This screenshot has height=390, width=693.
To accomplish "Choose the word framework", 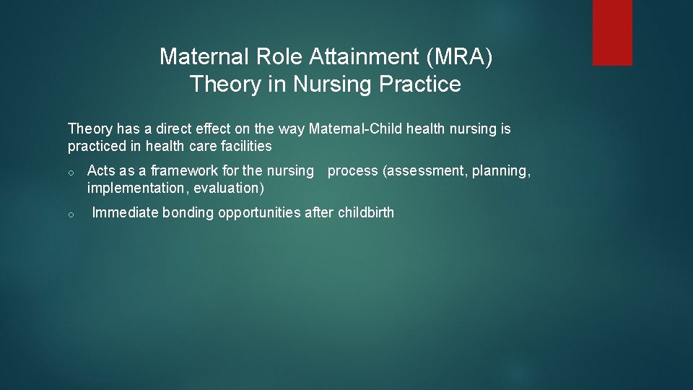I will (180, 171).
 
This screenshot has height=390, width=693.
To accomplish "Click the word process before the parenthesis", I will (352, 171).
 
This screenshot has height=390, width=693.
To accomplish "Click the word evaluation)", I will (229, 188).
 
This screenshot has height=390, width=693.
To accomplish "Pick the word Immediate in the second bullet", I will (126, 213).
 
